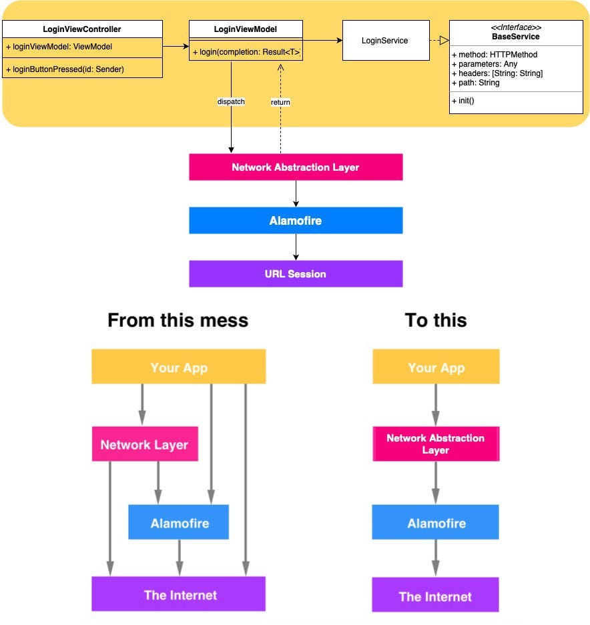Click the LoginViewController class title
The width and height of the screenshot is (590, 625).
(81, 29)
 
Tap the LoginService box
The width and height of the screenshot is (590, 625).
(384, 41)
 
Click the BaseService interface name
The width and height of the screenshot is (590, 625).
(515, 37)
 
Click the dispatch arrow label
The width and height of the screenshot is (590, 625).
(231, 102)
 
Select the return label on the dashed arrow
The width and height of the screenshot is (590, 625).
(280, 102)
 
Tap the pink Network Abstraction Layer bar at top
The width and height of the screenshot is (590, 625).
(296, 167)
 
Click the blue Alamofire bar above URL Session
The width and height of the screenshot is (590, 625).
(296, 220)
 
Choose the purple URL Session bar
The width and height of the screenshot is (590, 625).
(296, 273)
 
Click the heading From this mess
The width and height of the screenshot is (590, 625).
(178, 320)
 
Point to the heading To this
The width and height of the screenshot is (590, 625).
(435, 320)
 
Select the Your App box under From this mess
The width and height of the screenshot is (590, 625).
(178, 367)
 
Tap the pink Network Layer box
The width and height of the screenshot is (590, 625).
(144, 444)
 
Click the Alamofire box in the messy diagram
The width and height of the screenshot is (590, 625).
(178, 522)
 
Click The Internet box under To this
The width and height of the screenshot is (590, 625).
(435, 596)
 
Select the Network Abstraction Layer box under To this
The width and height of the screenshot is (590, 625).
(435, 444)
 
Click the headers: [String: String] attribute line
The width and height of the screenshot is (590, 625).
(497, 73)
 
